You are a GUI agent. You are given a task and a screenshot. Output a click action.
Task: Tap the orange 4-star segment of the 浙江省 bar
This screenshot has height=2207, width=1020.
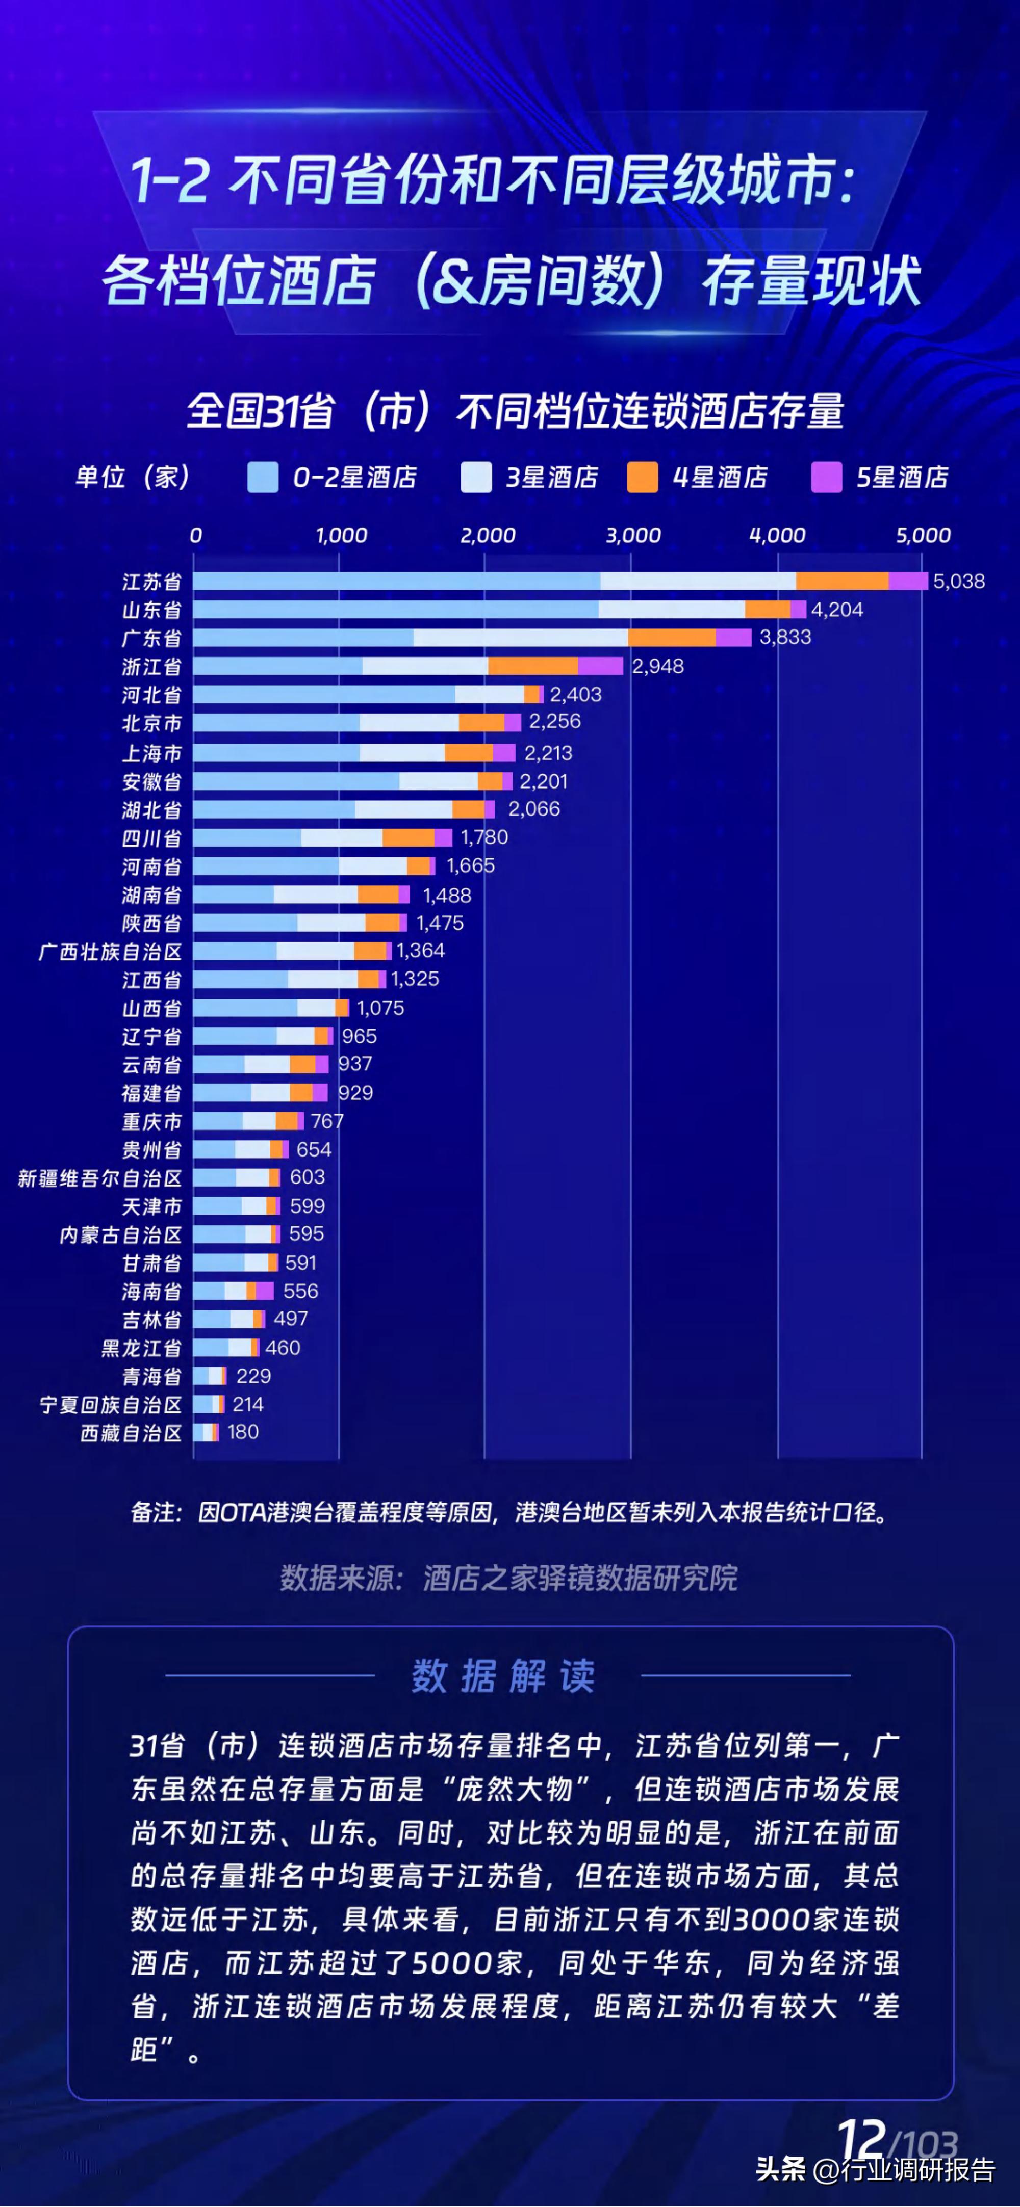533,666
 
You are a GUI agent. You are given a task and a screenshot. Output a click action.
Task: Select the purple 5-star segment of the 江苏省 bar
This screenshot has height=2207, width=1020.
908,582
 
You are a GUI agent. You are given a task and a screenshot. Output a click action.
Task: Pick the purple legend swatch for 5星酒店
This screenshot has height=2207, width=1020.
826,477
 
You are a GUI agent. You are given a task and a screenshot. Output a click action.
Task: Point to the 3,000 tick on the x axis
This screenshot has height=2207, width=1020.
632,536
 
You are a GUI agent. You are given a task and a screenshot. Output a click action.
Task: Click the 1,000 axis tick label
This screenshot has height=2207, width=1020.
341,536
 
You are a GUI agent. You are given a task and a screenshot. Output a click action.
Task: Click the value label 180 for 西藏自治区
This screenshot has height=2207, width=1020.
243,1432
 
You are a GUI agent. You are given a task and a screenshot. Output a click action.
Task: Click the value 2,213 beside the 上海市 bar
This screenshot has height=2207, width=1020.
548,753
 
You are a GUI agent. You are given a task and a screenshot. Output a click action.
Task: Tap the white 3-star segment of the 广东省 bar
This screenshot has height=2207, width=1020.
520,638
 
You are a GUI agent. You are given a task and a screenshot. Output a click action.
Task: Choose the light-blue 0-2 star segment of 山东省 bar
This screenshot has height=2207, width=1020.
395,609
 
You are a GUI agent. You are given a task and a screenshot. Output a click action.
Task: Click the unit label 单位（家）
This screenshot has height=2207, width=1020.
133,477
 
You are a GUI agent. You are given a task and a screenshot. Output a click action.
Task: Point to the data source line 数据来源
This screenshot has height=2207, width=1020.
509,1578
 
